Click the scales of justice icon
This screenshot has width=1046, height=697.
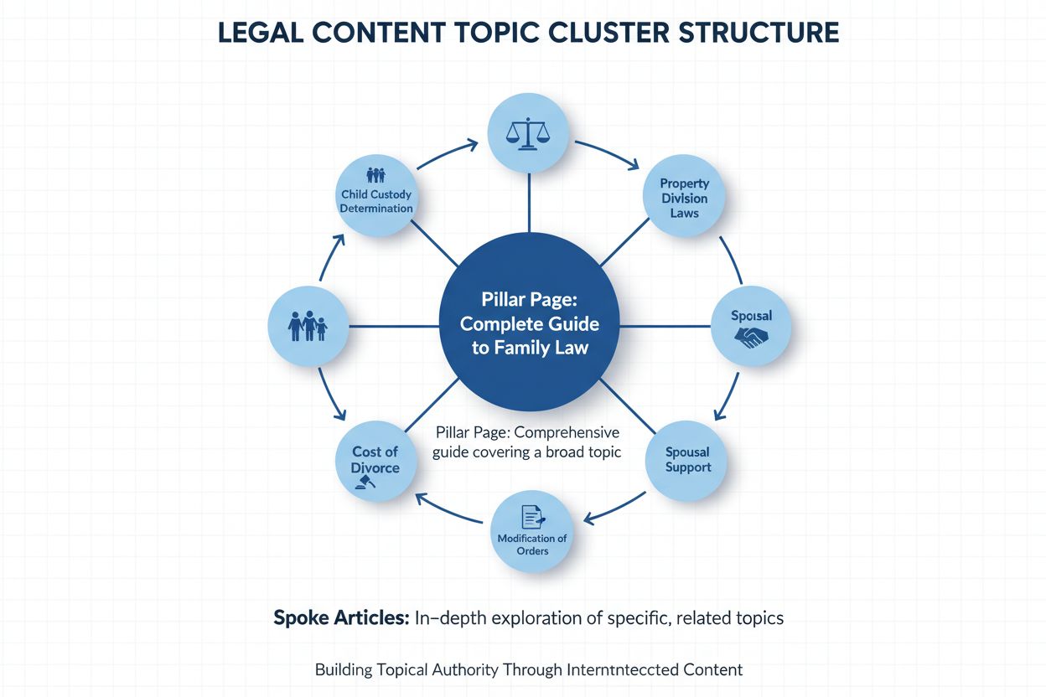(529, 134)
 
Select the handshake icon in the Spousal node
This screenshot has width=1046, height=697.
(751, 338)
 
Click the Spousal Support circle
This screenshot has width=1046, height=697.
(687, 459)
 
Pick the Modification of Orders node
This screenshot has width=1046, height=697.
(531, 531)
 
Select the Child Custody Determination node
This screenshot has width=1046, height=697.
(376, 198)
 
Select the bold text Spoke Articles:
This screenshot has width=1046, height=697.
(340, 618)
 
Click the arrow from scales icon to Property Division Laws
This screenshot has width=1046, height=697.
(605, 154)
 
